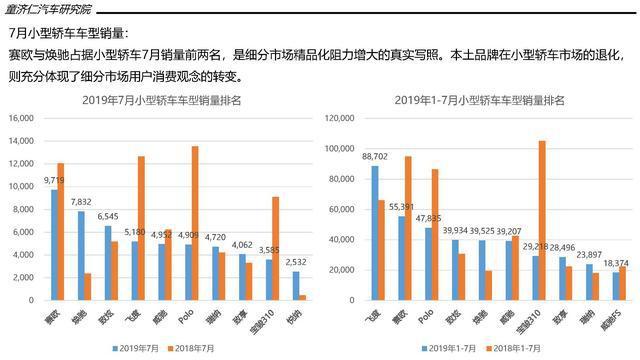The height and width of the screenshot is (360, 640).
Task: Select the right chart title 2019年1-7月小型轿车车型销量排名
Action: point(481,101)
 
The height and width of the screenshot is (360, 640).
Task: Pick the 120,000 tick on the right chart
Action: point(341,118)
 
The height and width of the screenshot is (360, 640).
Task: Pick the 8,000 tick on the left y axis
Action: point(24,209)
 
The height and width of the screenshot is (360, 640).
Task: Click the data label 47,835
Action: point(428,218)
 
